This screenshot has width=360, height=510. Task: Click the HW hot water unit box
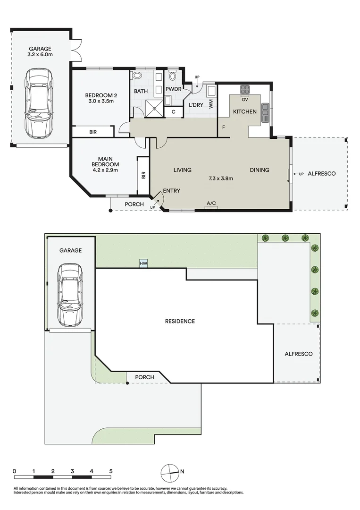point(142,263)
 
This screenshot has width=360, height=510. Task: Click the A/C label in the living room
point(211,204)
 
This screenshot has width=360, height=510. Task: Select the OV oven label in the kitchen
point(245,100)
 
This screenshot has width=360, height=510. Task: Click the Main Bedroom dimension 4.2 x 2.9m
point(105,170)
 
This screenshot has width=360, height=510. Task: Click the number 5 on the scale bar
point(110,471)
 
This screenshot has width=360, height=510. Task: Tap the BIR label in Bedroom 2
point(93,132)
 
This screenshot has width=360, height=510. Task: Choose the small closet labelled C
point(174,112)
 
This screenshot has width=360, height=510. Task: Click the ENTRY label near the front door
point(171,191)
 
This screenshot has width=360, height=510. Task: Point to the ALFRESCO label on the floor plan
point(321,174)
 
